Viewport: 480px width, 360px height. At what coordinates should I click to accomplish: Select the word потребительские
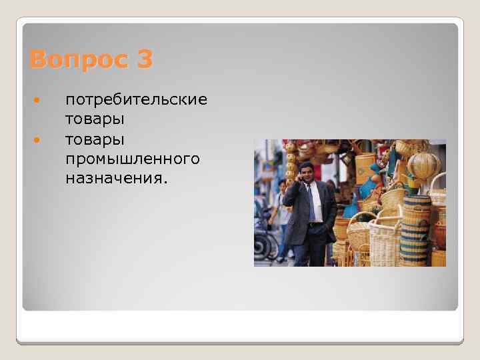pyautogui.click(x=136, y=100)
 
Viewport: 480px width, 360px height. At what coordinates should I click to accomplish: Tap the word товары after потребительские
pyautogui.click(x=95, y=119)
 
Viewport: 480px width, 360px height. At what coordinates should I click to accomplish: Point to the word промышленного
pyautogui.click(x=132, y=159)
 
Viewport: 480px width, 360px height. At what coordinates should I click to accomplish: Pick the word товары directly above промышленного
pyautogui.click(x=95, y=139)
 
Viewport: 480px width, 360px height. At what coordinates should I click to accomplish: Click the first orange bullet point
pyautogui.click(x=37, y=101)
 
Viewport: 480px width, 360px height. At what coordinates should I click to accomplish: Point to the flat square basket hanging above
pyautogui.click(x=365, y=167)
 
